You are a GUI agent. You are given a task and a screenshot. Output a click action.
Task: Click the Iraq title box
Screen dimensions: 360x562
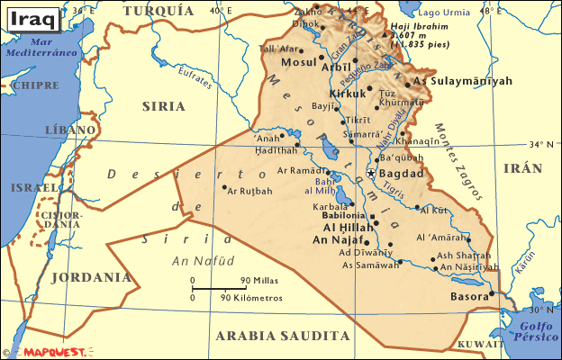pyautogui.click(x=32, y=15)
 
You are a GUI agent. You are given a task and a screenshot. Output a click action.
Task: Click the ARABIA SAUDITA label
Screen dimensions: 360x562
pyautogui.click(x=282, y=335)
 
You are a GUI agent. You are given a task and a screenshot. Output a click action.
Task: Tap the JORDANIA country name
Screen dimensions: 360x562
pyautogui.click(x=90, y=277)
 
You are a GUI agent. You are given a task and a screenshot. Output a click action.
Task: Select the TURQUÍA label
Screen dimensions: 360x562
pyautogui.click(x=158, y=11)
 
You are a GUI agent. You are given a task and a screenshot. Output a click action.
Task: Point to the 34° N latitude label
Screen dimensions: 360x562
pyautogui.click(x=539, y=144)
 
